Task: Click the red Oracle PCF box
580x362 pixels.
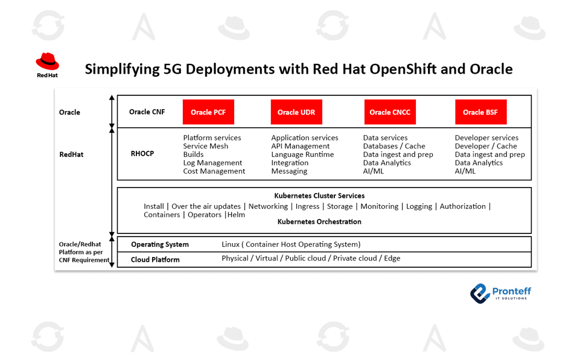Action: point(208,112)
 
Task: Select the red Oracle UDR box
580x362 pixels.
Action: point(296,112)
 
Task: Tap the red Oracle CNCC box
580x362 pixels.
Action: point(390,112)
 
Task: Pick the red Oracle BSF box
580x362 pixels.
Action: point(480,112)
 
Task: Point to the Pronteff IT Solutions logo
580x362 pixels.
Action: point(500,293)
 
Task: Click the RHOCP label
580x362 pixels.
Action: point(142,154)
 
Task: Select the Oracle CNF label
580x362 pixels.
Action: point(147,112)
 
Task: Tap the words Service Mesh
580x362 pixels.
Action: point(205,146)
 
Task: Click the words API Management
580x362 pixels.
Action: point(300,146)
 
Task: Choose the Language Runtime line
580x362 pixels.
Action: point(303,154)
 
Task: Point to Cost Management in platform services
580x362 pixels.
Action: point(214,171)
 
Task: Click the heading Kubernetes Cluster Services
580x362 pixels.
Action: point(319,196)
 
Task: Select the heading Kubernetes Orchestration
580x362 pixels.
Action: point(319,222)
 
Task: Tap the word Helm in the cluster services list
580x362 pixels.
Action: point(236,215)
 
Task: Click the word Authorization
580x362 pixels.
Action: point(462,206)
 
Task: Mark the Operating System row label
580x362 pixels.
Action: point(160,244)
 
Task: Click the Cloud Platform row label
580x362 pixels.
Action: point(155,259)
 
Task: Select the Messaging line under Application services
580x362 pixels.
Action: point(289,171)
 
